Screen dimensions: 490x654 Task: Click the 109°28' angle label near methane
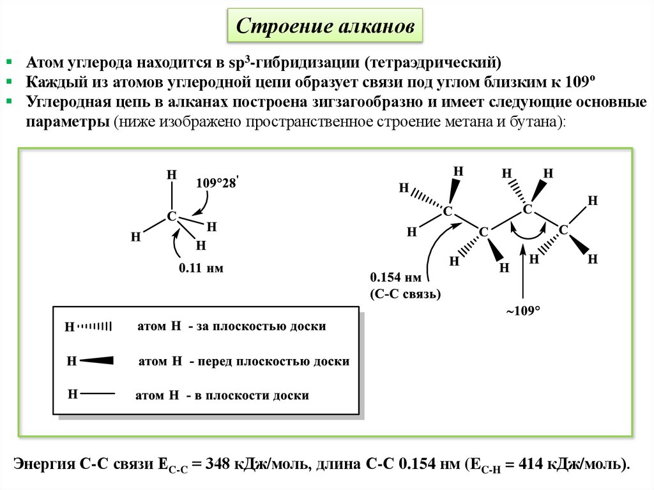tap(217, 183)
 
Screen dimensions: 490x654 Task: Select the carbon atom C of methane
tap(171, 217)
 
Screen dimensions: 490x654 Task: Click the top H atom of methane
tap(171, 175)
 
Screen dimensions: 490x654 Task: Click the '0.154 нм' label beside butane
tap(395, 279)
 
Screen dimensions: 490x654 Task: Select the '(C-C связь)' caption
tap(405, 294)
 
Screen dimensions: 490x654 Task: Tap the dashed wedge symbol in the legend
tap(95, 326)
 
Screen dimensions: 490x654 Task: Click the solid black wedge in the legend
tap(96, 361)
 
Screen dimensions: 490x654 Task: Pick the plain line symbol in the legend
tap(98, 394)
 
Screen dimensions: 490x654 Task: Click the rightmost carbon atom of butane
tap(563, 229)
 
